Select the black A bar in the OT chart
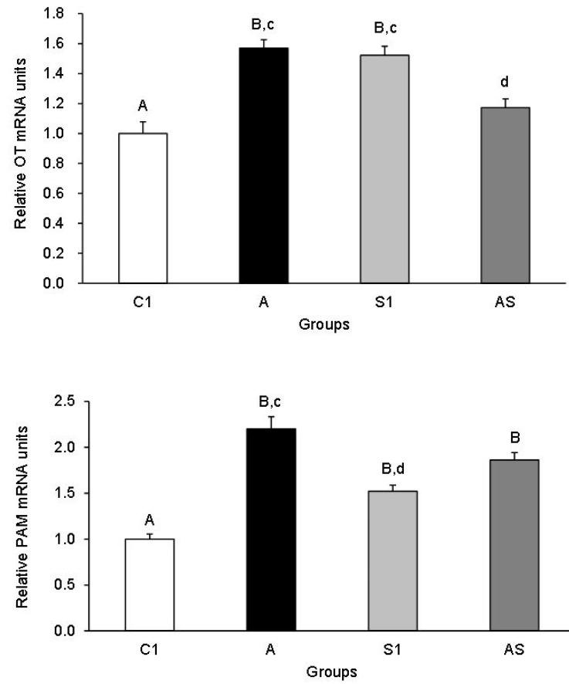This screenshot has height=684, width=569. (x=264, y=166)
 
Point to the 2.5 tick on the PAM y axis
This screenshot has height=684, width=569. (x=69, y=401)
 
